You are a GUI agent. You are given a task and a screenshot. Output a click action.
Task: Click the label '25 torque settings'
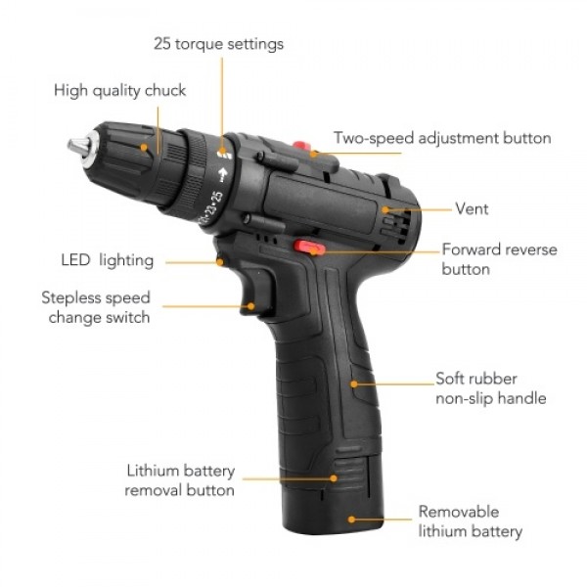pos(218,44)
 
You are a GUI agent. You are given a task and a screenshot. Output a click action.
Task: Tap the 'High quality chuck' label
pos(119,91)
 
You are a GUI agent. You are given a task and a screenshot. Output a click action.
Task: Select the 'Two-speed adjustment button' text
pos(442,138)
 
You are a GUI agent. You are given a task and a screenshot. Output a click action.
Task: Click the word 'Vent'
pos(472,208)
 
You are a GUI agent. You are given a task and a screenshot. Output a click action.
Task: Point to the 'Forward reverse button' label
pos(498,258)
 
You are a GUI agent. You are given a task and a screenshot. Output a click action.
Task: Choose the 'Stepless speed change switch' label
pos(95,307)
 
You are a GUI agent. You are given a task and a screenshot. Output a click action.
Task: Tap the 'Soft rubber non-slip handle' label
pos(490,387)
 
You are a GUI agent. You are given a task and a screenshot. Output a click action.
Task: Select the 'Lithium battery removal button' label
pos(180,479)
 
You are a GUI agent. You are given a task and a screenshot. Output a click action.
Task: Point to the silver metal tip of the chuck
pos(77,147)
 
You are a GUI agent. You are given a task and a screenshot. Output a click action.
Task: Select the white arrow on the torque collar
pos(223,178)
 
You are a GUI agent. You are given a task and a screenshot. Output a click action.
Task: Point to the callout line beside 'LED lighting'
pos(191,261)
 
